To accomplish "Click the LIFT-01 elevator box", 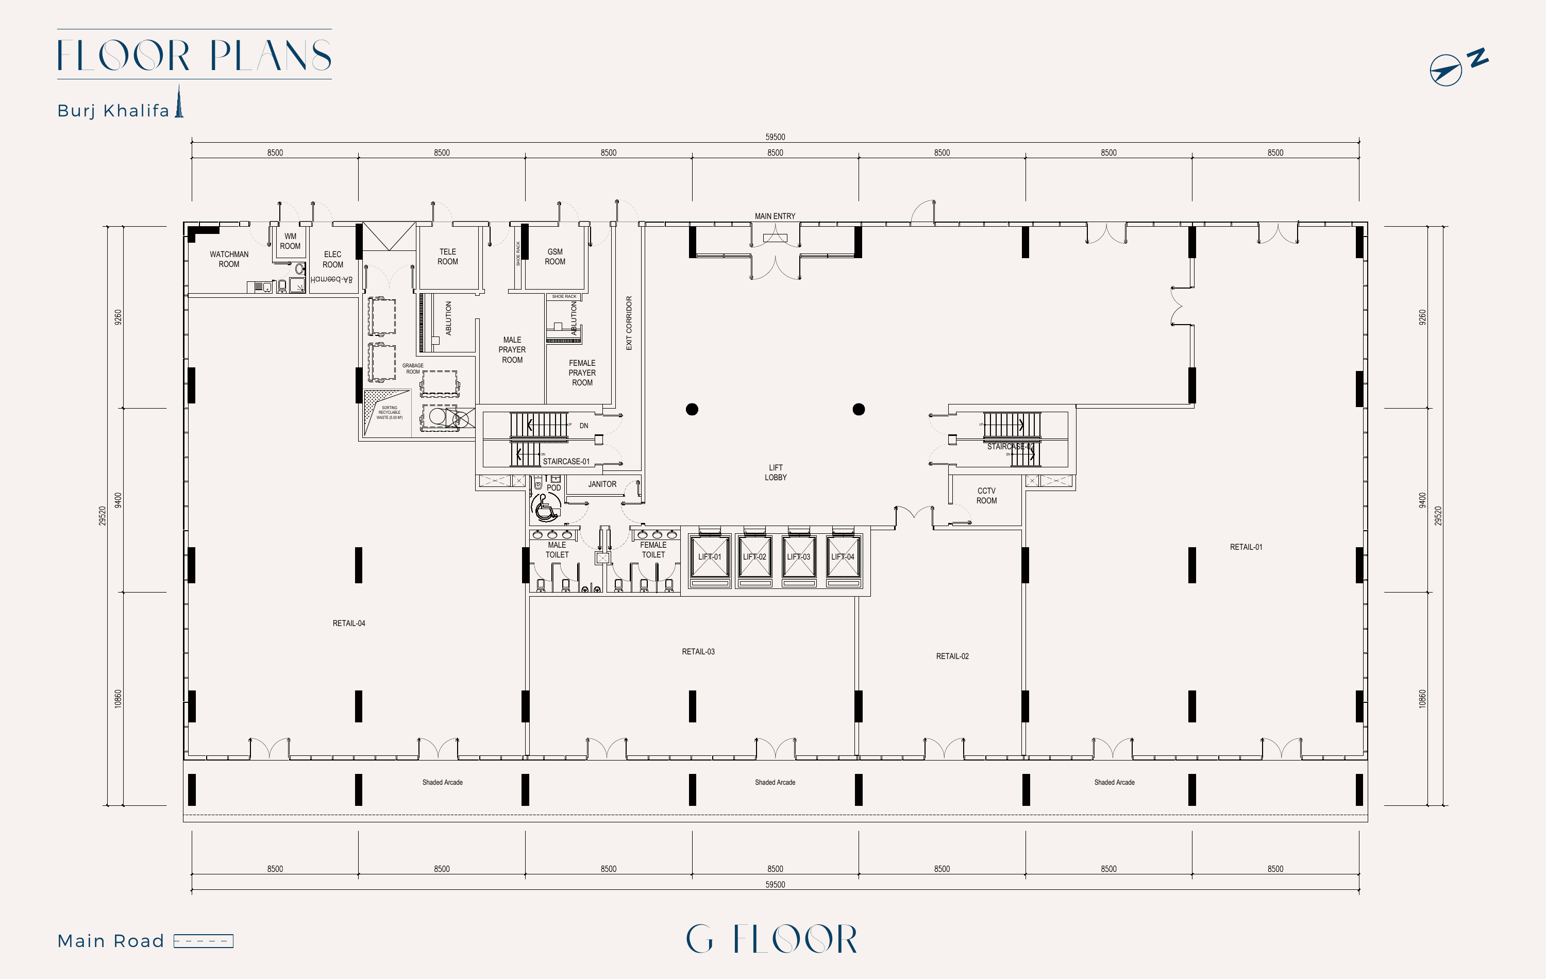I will click(x=710, y=558).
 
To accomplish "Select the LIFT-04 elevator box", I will click(x=843, y=558).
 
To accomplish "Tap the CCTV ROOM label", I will click(x=986, y=496).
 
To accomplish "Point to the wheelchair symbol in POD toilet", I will click(x=546, y=509).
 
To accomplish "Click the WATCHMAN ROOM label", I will click(x=229, y=259).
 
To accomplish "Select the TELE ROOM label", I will click(x=447, y=257).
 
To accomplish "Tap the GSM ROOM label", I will click(x=554, y=257).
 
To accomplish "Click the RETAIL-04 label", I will click(x=348, y=623).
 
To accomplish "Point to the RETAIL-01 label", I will click(x=1246, y=547).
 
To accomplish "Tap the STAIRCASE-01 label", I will click(x=566, y=462).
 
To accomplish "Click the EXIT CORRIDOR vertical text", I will click(x=629, y=323).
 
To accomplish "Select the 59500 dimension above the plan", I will click(x=775, y=137).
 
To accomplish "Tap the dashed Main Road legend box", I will click(x=204, y=941).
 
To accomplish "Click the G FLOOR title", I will click(x=772, y=939).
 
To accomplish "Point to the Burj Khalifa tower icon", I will click(x=179, y=103).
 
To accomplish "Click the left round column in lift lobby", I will click(x=692, y=410).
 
